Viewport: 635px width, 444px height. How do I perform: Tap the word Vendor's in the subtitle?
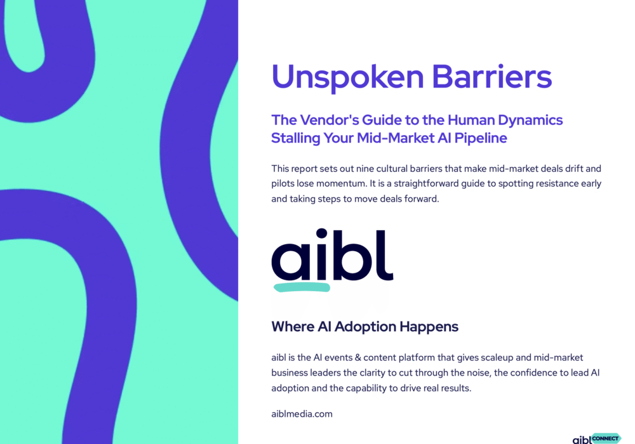point(328,120)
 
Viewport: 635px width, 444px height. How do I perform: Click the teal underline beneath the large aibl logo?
point(302,287)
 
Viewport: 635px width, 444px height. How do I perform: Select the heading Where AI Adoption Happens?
point(364,327)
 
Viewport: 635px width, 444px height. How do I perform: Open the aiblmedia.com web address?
point(302,414)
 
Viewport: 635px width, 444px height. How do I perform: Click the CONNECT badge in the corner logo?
point(606,438)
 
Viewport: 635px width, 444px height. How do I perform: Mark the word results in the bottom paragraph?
point(454,388)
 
